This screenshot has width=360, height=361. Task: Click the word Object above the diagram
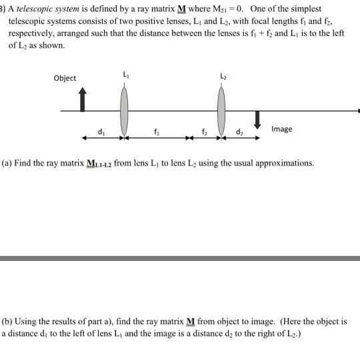pyautogui.click(x=65, y=78)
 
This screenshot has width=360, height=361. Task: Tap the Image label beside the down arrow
pyautogui.click(x=281, y=129)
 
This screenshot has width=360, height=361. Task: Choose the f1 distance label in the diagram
pyautogui.click(x=156, y=131)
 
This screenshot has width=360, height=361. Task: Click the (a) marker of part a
pyautogui.click(x=6, y=163)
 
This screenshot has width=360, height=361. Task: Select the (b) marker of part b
pyautogui.click(x=7, y=321)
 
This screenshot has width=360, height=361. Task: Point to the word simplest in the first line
pyautogui.click(x=305, y=9)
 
